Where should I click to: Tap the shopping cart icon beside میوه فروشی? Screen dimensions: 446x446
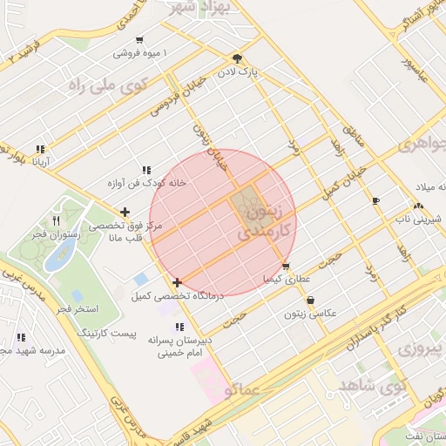tap(140, 40)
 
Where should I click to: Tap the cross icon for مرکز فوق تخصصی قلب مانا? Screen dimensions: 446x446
tap(126, 211)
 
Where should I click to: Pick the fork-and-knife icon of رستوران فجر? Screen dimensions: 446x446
tap(57, 220)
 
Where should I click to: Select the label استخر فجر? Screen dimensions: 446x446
tap(77, 309)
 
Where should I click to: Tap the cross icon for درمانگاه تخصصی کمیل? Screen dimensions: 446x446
tap(177, 282)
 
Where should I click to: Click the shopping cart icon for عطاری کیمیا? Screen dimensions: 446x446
tap(286, 267)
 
